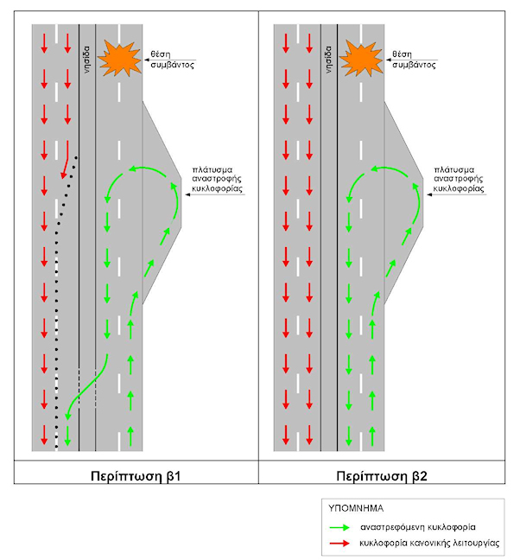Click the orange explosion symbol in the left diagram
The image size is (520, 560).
119,59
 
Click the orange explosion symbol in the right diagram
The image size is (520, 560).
361,59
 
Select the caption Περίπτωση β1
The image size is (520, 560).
136,476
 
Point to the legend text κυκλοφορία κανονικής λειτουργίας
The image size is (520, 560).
427,543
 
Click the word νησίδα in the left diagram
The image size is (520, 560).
87,59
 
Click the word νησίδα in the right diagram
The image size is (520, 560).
329,59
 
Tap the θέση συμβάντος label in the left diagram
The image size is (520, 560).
171,58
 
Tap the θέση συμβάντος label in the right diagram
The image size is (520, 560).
413,58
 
